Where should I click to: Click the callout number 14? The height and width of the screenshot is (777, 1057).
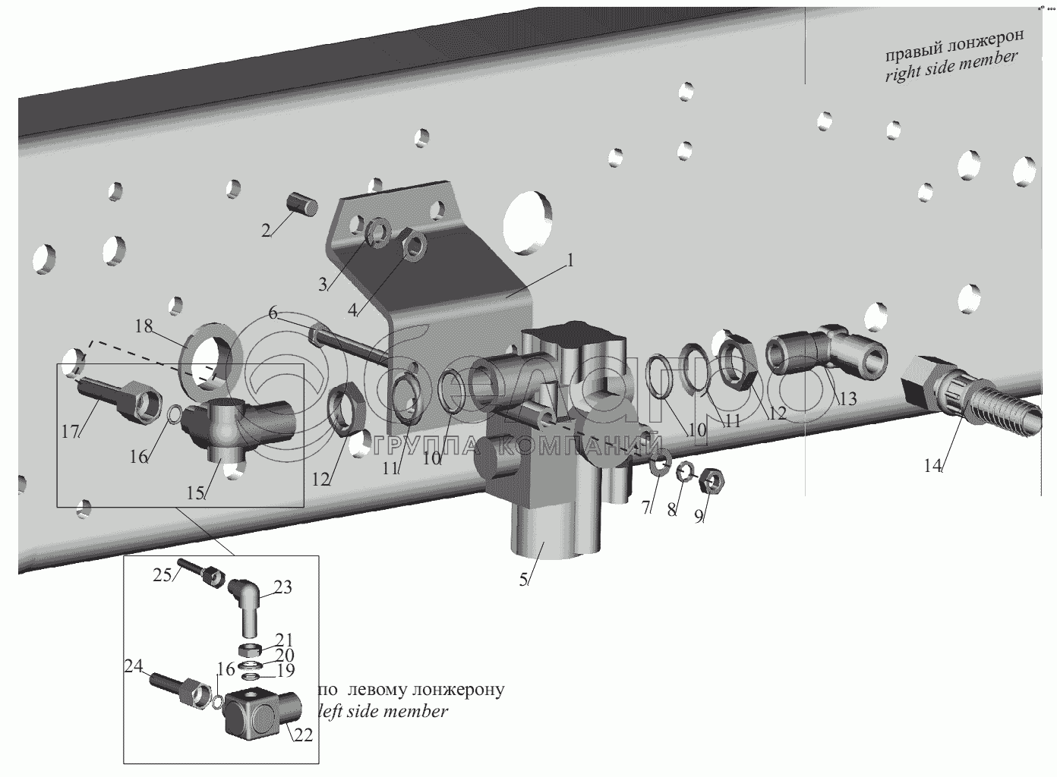pos(932,466)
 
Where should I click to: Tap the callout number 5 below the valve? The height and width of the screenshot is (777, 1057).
pos(523,580)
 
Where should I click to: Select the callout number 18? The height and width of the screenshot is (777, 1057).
pos(144,326)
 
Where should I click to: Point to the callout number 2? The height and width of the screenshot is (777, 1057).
pos(266,231)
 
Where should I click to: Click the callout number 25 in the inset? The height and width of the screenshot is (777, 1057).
pos(162,575)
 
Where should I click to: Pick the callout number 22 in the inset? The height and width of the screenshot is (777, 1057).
pos(304,735)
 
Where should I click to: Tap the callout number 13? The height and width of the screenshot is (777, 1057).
pos(847,399)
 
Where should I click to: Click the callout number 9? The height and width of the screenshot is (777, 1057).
pos(699,516)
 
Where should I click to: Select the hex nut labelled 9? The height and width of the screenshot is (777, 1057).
pos(712,481)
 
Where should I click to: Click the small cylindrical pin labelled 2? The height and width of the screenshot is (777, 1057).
pos(302,206)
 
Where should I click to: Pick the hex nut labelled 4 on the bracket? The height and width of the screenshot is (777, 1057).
pos(414,245)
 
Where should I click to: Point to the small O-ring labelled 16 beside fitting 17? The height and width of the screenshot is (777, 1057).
pos(174,414)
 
